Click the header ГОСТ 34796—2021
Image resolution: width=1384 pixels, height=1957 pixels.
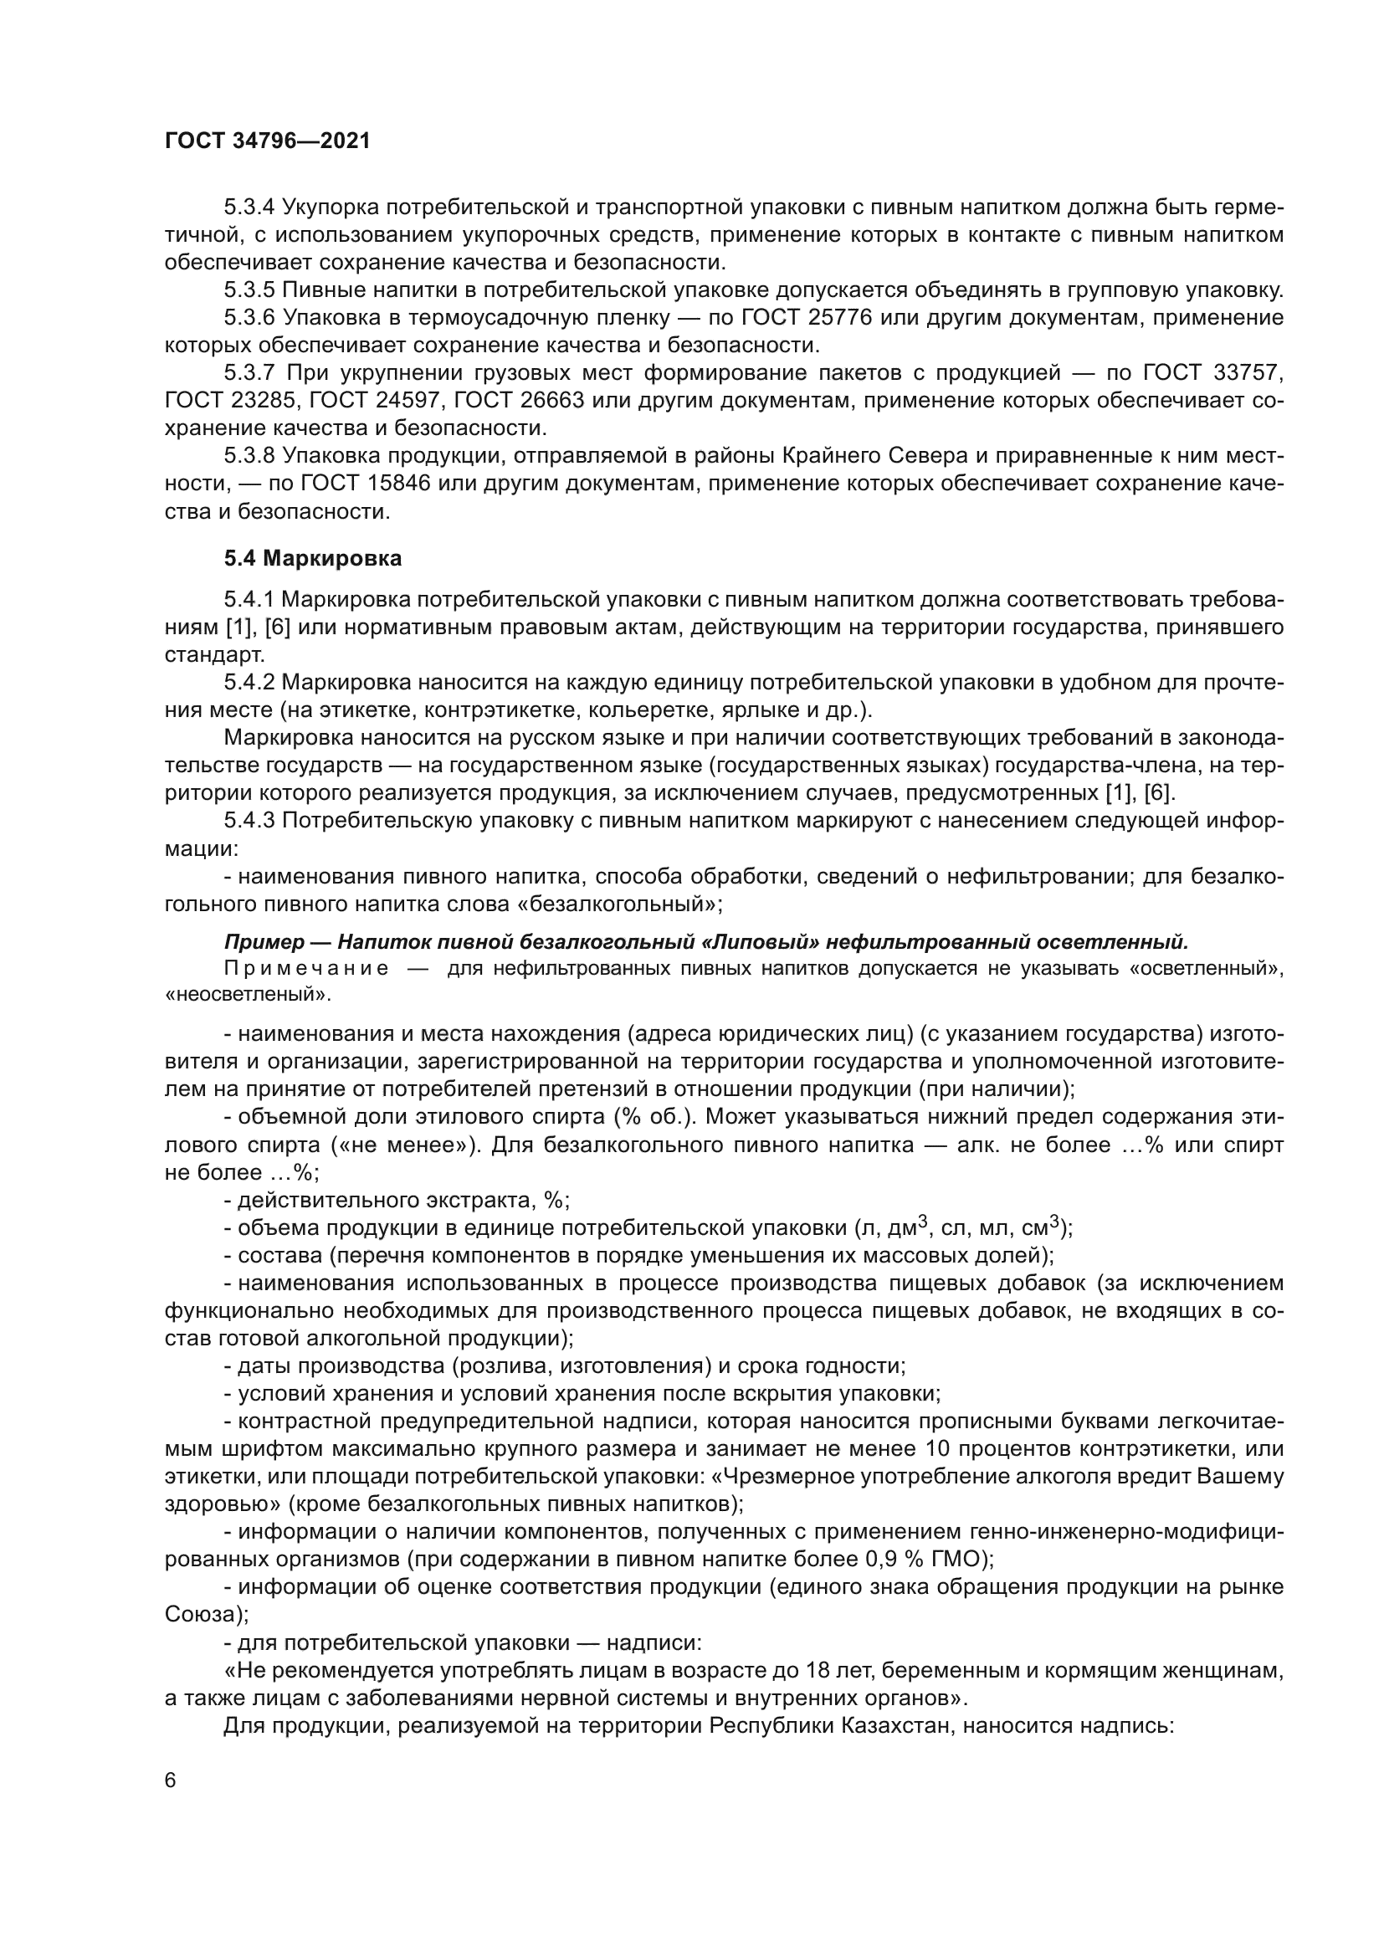pyautogui.click(x=268, y=141)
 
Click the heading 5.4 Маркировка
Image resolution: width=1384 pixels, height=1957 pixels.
pyautogui.click(x=313, y=558)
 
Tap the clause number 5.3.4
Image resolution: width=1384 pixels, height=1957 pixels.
pyautogui.click(x=249, y=207)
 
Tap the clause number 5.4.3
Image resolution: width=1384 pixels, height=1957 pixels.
pyautogui.click(x=249, y=821)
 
